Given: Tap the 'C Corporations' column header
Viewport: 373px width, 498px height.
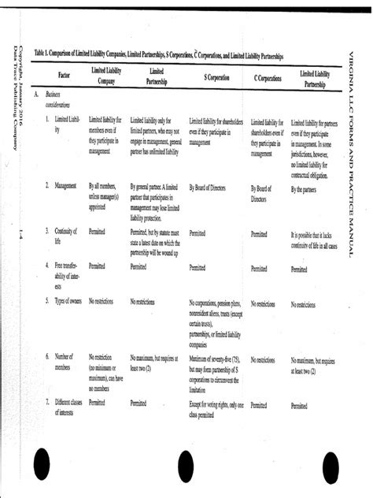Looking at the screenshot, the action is pyautogui.click(x=268, y=78).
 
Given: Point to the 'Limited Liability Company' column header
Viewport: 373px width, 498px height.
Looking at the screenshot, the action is pyautogui.click(x=106, y=76).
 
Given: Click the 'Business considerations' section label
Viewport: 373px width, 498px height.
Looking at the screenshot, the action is pyautogui.click(x=57, y=98).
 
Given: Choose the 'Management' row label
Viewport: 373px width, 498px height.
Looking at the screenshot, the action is pyautogui.click(x=65, y=186).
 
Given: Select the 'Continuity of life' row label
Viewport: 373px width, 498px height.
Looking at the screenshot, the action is pyautogui.click(x=65, y=236).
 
